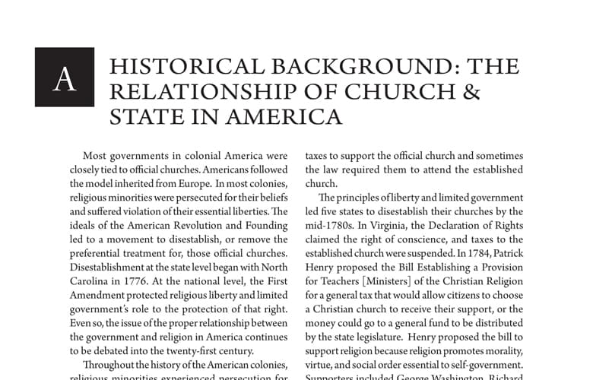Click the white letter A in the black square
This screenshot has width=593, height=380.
(x=65, y=78)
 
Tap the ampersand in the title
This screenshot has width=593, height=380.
(x=471, y=91)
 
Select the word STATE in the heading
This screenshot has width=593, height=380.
(x=144, y=116)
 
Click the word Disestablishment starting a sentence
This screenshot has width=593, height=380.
(x=115, y=252)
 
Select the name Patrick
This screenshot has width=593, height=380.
(x=503, y=252)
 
